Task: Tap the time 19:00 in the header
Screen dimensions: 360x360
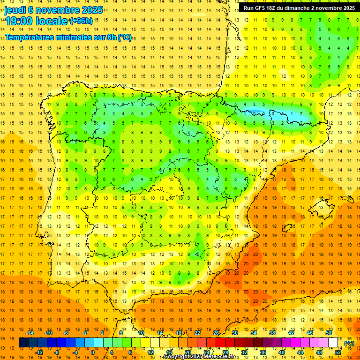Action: coord(19,21)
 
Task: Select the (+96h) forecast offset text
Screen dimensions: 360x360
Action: coord(81,21)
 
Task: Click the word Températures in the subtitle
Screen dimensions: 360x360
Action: coord(32,37)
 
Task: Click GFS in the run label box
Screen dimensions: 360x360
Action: coord(262,8)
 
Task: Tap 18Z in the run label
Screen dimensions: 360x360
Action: coord(275,8)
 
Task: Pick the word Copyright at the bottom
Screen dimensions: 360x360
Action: coord(178,357)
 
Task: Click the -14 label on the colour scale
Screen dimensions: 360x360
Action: coord(30,333)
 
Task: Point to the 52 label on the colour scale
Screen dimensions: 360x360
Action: coord(338,352)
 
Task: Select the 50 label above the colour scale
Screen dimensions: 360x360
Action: coord(329,333)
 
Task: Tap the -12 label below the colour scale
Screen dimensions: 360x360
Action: coord(39,352)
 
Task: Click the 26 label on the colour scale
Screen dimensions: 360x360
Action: coord(216,333)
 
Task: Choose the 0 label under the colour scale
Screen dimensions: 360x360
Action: coord(93,352)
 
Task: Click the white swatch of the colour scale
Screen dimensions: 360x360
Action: coord(333,343)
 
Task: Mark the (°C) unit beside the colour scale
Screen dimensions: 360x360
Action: coord(349,343)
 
